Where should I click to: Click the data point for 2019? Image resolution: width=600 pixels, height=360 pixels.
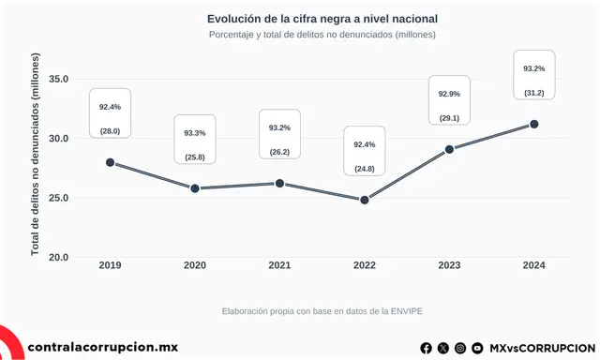pos(111,162)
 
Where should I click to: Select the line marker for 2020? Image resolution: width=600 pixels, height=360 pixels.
pos(195,188)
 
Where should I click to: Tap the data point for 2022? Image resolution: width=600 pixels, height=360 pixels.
pos(365,200)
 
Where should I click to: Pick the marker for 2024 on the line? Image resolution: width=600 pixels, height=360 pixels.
pos(534,124)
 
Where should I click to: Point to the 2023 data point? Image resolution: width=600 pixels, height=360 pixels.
pos(449,149)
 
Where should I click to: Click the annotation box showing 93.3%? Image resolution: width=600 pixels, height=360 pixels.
pos(195,139)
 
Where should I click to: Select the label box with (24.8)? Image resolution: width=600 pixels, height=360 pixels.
pos(365,150)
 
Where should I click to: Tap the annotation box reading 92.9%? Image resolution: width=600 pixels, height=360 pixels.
pos(449,100)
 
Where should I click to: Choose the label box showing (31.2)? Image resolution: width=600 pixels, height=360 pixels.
pos(534,75)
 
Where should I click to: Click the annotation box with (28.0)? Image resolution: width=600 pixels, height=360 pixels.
pos(111,112)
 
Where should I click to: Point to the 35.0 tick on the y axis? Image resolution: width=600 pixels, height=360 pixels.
pos(58,79)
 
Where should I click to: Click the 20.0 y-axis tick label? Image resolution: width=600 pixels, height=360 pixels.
pos(58,257)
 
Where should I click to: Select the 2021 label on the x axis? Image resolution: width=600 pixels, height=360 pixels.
pos(279,266)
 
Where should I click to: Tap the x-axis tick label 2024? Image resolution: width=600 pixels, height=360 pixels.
pos(534,266)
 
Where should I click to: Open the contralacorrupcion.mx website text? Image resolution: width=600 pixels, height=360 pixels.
pos(103,347)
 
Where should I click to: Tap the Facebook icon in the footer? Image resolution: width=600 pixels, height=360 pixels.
pos(427,348)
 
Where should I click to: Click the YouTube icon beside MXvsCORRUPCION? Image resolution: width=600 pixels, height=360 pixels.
pos(477,348)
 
